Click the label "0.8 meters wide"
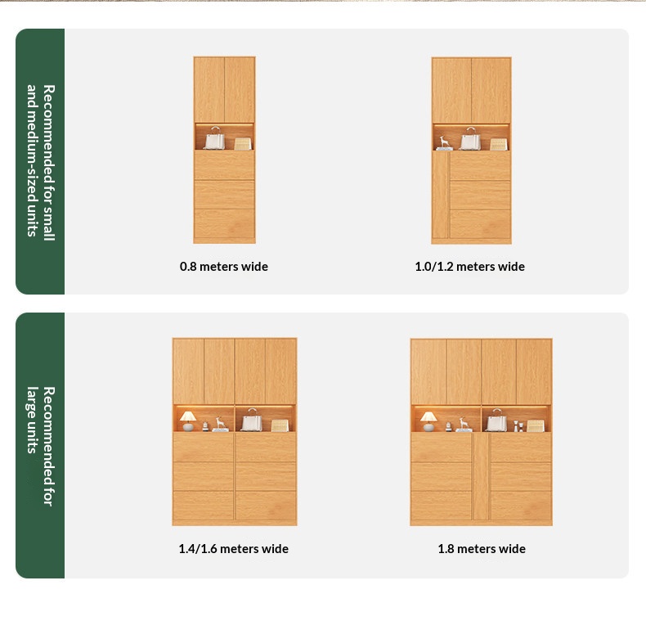click(x=224, y=267)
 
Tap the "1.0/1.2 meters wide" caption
click(x=469, y=267)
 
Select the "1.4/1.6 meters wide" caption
click(x=234, y=549)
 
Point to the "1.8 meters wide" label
click(x=482, y=549)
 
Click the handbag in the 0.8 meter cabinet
click(x=214, y=138)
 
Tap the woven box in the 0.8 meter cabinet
click(x=243, y=143)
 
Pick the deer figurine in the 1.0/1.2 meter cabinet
click(x=444, y=143)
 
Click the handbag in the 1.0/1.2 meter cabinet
click(x=470, y=138)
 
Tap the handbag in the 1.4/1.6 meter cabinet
click(x=251, y=420)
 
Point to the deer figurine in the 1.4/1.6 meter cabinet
click(x=221, y=425)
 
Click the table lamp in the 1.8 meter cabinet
click(x=428, y=421)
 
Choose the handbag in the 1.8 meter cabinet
click(x=497, y=421)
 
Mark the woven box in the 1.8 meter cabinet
click(x=536, y=425)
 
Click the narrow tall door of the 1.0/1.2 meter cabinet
click(x=441, y=195)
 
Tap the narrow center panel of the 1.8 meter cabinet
click(x=481, y=476)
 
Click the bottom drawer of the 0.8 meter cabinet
click(x=225, y=223)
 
